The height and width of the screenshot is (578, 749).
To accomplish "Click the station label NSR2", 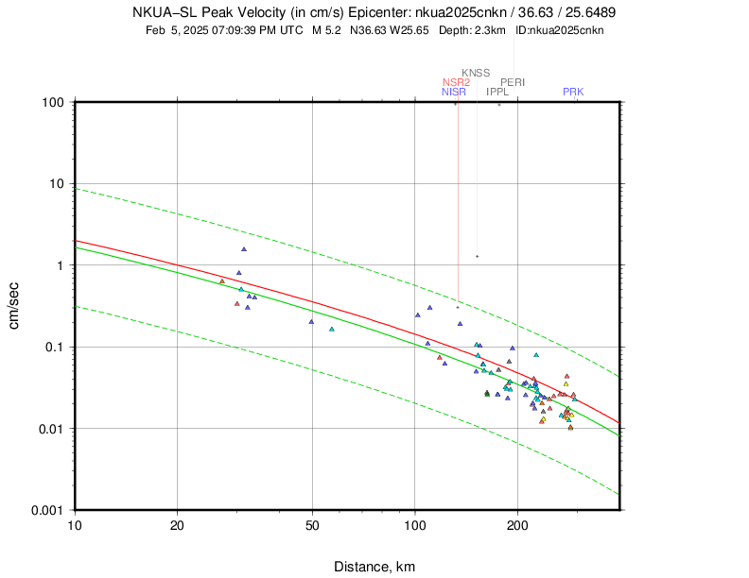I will pyautogui.click(x=456, y=82).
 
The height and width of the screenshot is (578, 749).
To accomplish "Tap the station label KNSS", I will pyautogui.click(x=476, y=73).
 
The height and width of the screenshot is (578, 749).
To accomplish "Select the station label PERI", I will pyautogui.click(x=513, y=82).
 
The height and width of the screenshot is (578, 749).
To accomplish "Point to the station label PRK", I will pyautogui.click(x=573, y=92).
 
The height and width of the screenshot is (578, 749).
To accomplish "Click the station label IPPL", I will pyautogui.click(x=497, y=92).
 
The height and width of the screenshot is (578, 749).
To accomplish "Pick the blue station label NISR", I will pyautogui.click(x=454, y=92).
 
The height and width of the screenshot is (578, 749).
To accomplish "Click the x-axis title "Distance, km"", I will pyautogui.click(x=374, y=567).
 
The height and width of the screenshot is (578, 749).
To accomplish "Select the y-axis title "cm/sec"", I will pyautogui.click(x=15, y=306).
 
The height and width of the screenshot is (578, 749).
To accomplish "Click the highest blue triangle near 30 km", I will pyautogui.click(x=243, y=249).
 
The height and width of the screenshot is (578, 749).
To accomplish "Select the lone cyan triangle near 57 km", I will pyautogui.click(x=331, y=329).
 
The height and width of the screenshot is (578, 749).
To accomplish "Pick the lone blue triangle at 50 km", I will pyautogui.click(x=311, y=321).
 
